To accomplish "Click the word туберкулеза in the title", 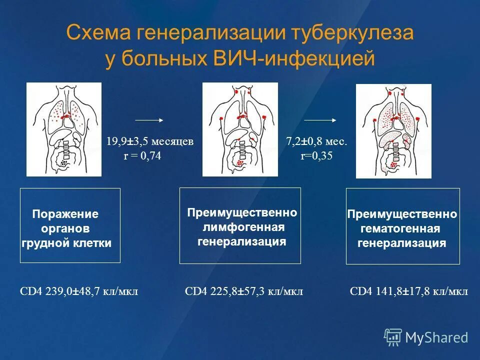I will tap(347, 33).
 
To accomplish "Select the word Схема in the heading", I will tap(95, 33).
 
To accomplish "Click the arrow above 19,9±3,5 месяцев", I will tap(149, 120).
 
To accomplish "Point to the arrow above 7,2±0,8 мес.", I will tap(320, 120).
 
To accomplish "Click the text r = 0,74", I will tap(143, 156).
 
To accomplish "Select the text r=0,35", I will tap(316, 156).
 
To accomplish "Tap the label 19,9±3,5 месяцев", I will tap(149, 141).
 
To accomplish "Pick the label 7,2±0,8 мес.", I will tap(316, 141).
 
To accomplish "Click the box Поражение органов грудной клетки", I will tap(70, 225).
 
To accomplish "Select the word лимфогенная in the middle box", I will tap(243, 228).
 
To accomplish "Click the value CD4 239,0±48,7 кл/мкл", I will tap(78, 291).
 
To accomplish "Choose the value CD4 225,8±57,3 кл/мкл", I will tap(244, 291).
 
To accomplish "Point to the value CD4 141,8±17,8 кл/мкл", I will tap(409, 291).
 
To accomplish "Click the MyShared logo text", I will tap(436, 337).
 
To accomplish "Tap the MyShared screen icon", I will tap(393, 337).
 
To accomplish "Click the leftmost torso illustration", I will tap(64, 129).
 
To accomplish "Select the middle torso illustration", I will tap(240, 129).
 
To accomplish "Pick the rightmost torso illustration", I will tap(393, 131).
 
